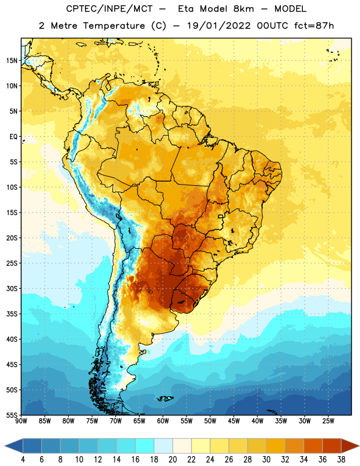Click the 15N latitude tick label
click(12, 61)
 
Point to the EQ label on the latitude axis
click(13, 137)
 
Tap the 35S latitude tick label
click(12, 314)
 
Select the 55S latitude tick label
click(12, 415)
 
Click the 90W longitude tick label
click(21, 421)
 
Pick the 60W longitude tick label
click(163, 421)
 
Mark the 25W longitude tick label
click(328, 421)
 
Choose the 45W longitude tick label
click(234, 421)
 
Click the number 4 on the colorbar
click(23, 460)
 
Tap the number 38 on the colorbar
click(341, 460)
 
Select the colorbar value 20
click(172, 460)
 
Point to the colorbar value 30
click(266, 460)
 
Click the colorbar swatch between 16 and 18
click(145, 446)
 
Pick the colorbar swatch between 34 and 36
click(313, 446)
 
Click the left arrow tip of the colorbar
click(5, 446)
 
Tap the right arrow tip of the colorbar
click(359, 446)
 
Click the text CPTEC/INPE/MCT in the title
click(109, 9)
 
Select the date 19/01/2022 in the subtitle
click(219, 26)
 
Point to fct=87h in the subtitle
click(314, 26)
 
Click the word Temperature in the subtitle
click(114, 26)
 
